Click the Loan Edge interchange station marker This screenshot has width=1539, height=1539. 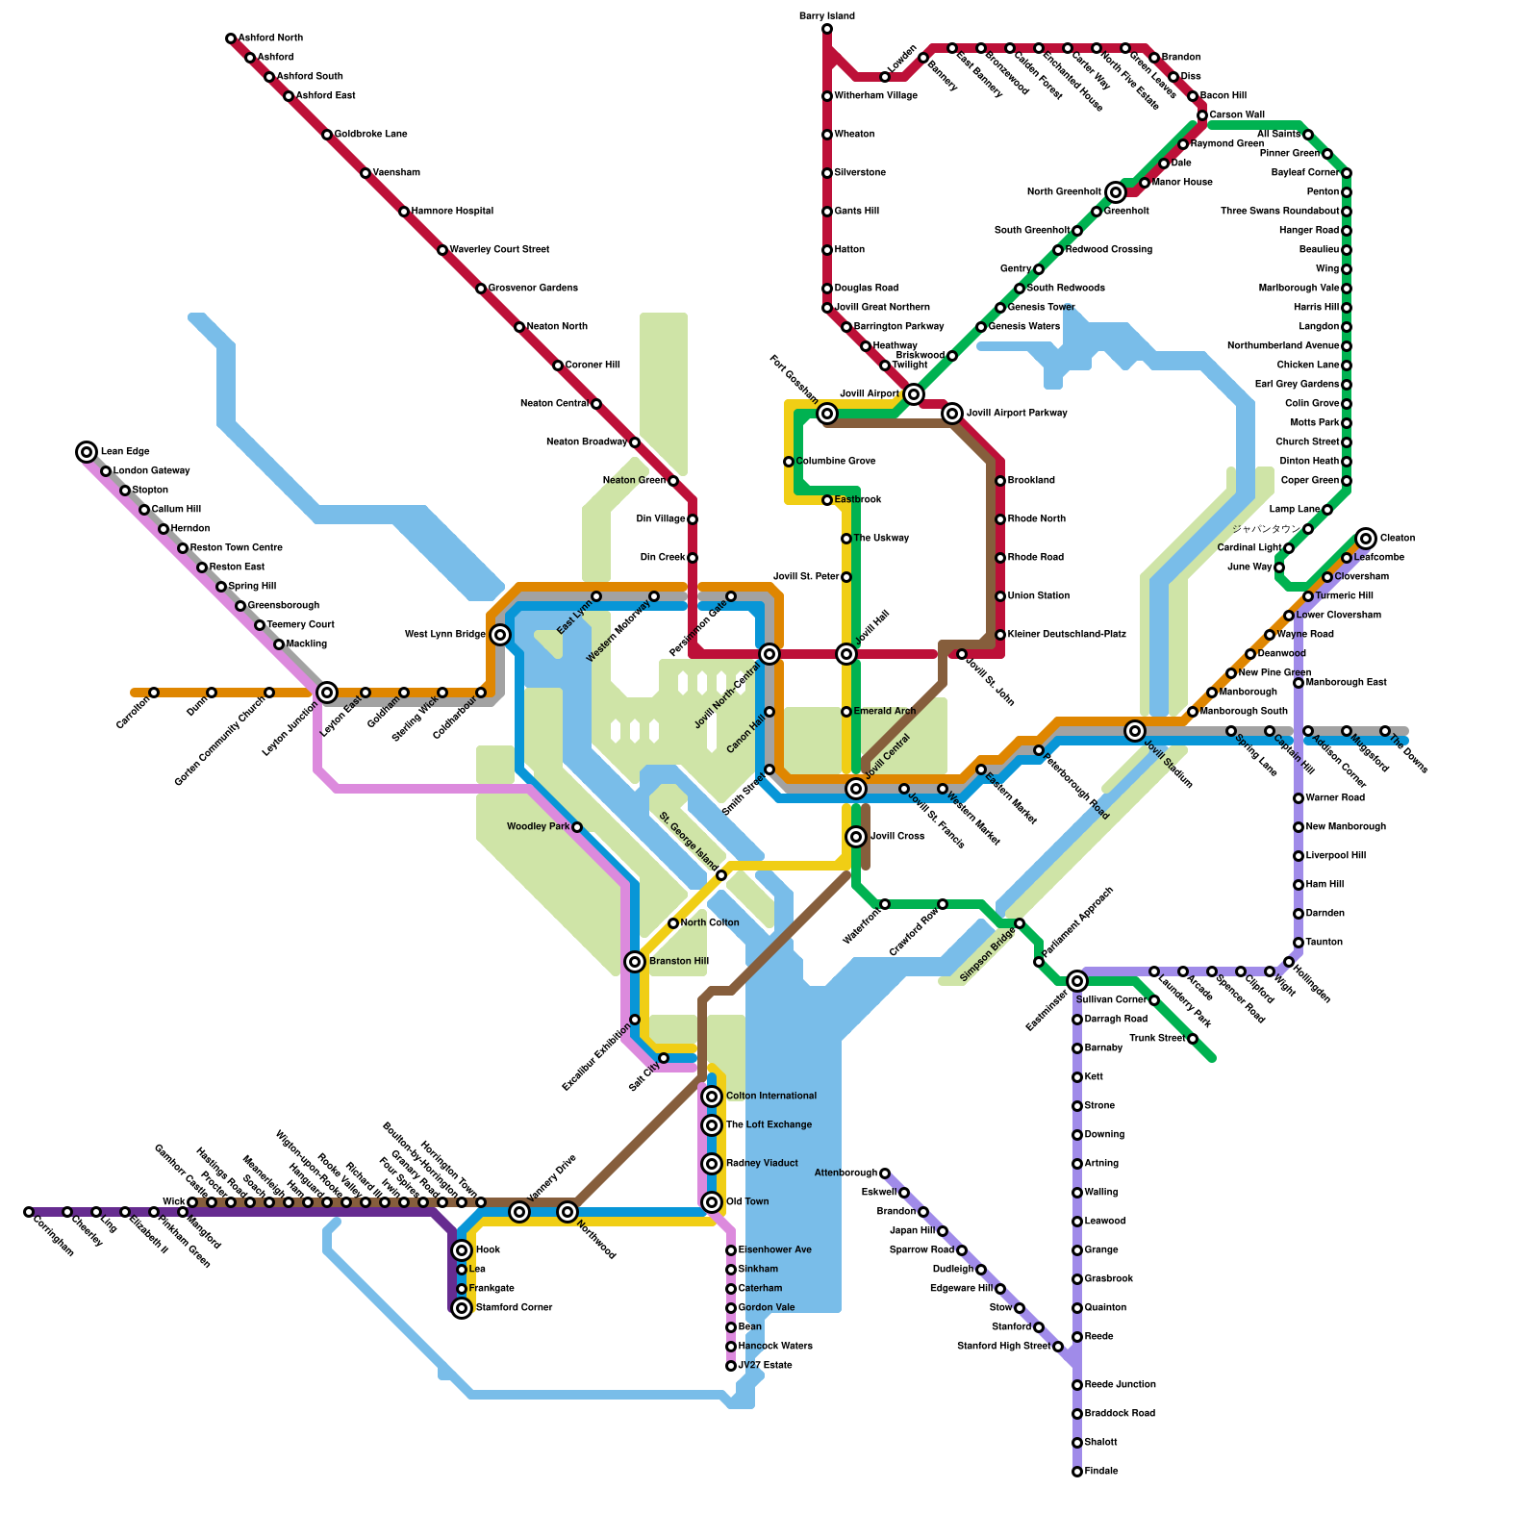(x=87, y=452)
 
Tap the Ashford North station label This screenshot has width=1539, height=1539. (x=270, y=38)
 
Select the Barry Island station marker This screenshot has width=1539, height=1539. (x=827, y=29)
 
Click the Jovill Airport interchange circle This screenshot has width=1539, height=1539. (x=914, y=394)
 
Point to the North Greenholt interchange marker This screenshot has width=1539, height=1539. (x=1116, y=192)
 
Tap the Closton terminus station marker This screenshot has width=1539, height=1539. (x=1366, y=539)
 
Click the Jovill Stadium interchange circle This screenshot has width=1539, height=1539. (x=1135, y=731)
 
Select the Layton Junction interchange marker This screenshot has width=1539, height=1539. (x=327, y=693)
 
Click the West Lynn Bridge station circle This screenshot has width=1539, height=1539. (x=500, y=635)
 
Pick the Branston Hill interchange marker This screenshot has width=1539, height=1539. (x=635, y=962)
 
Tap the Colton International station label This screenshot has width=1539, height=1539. (x=770, y=1097)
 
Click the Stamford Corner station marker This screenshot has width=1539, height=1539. (x=462, y=1308)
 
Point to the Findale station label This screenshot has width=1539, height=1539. (x=1100, y=1472)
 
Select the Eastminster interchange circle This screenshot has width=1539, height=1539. (x=1077, y=981)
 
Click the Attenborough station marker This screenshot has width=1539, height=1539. (x=885, y=1173)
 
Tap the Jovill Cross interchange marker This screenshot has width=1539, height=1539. (x=856, y=837)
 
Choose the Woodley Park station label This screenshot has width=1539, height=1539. (x=538, y=827)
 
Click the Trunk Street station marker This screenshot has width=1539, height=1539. (x=1193, y=1039)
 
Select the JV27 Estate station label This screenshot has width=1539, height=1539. (x=765, y=1366)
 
